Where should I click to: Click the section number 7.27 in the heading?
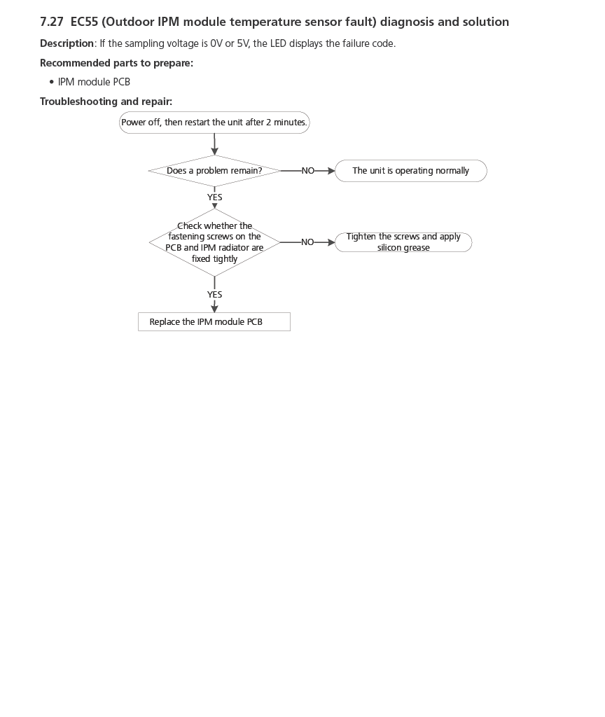pos(52,22)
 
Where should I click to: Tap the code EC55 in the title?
pos(84,22)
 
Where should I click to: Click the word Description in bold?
pos(67,43)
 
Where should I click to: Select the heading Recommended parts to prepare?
pos(116,63)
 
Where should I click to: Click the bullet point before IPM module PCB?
pos(51,82)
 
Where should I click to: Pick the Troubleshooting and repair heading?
pos(106,102)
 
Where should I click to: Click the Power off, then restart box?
pos(214,123)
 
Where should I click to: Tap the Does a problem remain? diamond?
pos(214,171)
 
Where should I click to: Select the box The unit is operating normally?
pos(410,171)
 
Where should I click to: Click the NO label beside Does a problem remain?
pos(308,171)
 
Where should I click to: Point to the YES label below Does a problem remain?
pos(214,197)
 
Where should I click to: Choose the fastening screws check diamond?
pos(214,242)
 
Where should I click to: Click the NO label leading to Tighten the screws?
pos(307,242)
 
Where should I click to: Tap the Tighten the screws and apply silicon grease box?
pos(403,242)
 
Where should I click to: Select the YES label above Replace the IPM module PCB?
pos(214,295)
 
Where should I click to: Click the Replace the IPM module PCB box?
pos(214,322)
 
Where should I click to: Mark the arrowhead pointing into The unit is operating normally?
pos(331,171)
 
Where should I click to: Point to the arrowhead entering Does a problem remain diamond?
pos(214,151)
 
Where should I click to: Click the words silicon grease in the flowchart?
pos(403,248)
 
